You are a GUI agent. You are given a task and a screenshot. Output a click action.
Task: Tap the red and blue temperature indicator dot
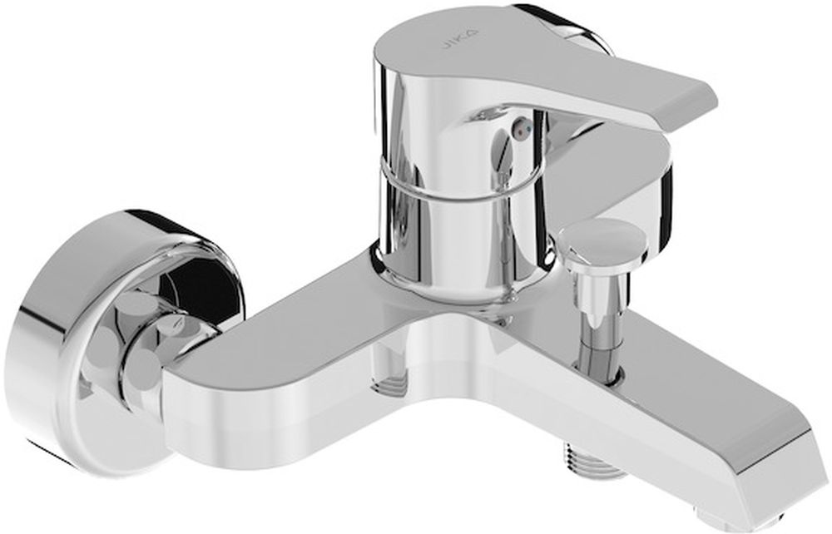click(x=522, y=127)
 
